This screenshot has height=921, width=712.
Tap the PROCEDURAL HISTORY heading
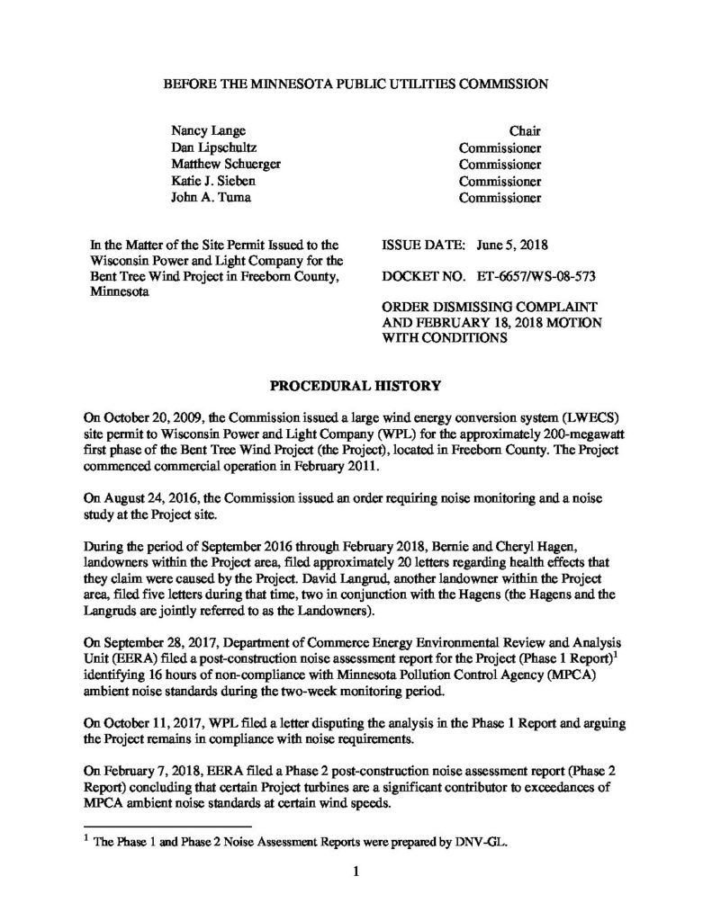pos(356,387)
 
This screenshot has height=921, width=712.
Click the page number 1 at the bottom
pos(356,872)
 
